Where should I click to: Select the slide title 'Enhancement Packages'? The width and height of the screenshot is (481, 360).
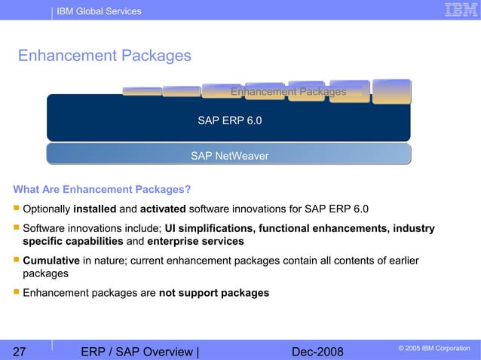pos(104,56)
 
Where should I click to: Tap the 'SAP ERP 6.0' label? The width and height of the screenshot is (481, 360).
pos(230,120)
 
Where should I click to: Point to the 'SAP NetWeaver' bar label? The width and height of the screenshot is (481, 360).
pos(229,156)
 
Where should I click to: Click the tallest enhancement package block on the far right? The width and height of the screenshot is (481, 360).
pos(391,91)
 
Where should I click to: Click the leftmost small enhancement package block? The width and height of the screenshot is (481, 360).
pos(141,91)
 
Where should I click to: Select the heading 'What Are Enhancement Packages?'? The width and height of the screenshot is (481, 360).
pos(102,189)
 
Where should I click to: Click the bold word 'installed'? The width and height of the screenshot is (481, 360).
pos(95,209)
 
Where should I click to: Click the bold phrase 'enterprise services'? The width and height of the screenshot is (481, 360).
pos(195,242)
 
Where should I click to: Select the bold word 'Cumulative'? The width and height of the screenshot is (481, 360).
pos(51,261)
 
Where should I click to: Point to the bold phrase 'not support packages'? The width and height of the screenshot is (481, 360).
pos(214,292)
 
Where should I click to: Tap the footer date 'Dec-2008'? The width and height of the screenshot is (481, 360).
pos(317,350)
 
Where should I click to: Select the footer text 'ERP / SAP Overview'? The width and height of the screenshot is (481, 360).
pos(136,350)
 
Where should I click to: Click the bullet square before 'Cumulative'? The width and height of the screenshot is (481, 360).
pos(15,261)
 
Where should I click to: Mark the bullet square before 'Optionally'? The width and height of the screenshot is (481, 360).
pos(15,209)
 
